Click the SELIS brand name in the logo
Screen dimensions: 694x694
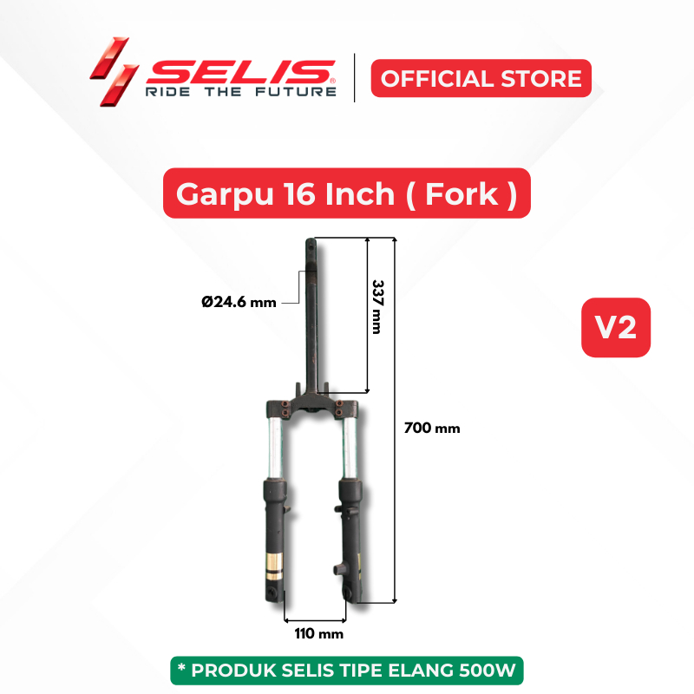pyautogui.click(x=241, y=72)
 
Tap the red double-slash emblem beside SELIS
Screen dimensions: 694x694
pyautogui.click(x=115, y=72)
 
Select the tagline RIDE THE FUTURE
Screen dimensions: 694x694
pyautogui.click(x=241, y=92)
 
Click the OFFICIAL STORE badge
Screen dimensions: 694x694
pyautogui.click(x=481, y=78)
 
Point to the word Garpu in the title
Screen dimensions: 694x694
pyautogui.click(x=225, y=194)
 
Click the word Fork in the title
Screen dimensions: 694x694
pyautogui.click(x=462, y=193)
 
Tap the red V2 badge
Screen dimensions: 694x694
pyautogui.click(x=616, y=328)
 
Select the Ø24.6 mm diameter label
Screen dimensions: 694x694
pyautogui.click(x=239, y=302)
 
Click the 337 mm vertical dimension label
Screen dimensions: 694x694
pyautogui.click(x=377, y=307)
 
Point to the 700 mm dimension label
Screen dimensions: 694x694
pyautogui.click(x=432, y=428)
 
